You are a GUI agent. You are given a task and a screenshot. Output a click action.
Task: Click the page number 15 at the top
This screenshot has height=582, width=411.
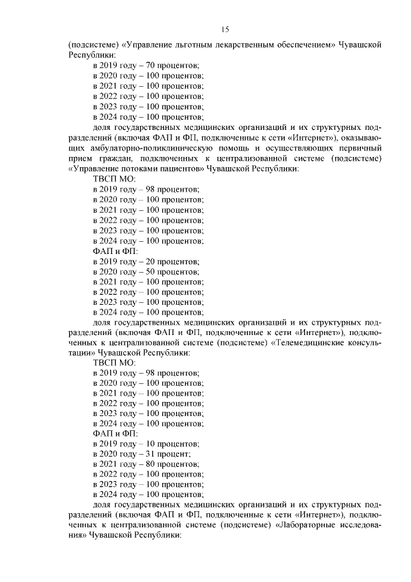225,30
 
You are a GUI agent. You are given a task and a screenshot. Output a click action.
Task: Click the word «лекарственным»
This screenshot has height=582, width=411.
246,46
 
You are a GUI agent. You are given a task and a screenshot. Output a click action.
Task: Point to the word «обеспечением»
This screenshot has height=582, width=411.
311,46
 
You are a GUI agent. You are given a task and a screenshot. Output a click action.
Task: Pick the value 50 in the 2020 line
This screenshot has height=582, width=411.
152,271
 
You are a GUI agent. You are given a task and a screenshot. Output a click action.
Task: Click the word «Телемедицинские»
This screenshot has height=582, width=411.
310,342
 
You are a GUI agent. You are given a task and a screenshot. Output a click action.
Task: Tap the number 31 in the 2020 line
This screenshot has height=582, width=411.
152,455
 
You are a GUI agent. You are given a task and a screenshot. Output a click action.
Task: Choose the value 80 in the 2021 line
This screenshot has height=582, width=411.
152,465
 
